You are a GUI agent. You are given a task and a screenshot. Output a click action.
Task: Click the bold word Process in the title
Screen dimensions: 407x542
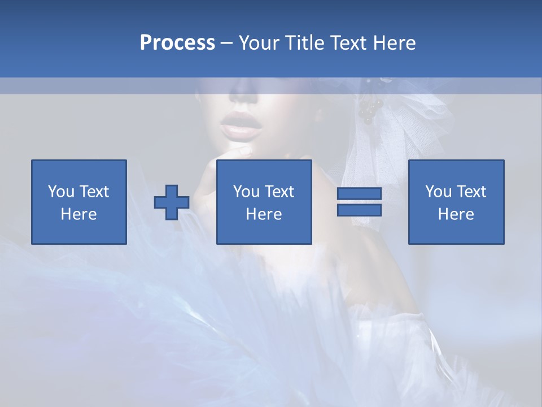pyautogui.click(x=177, y=43)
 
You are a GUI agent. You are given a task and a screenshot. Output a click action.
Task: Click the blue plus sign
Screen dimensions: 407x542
pyautogui.click(x=172, y=202)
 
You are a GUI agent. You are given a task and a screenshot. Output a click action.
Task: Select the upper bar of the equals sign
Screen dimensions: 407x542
pyautogui.click(x=359, y=194)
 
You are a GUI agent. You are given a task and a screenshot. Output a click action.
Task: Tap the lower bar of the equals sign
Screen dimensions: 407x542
pyautogui.click(x=359, y=210)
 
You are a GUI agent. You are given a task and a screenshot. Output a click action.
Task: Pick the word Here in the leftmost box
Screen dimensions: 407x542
pyautogui.click(x=78, y=214)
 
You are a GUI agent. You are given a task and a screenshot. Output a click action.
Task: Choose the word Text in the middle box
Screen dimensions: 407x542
pyautogui.click(x=281, y=192)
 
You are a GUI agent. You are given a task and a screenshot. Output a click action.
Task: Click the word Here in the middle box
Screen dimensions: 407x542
pyautogui.click(x=264, y=214)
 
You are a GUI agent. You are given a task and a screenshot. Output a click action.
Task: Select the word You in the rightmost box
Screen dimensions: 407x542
pyautogui.click(x=438, y=192)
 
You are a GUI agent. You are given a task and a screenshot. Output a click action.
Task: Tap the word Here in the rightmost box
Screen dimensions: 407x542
pyautogui.click(x=456, y=214)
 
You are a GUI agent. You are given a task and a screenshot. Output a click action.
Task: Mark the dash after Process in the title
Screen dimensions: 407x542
pyautogui.click(x=226, y=43)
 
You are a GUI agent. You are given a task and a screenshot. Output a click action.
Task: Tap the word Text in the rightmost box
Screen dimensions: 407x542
pyautogui.click(x=473, y=192)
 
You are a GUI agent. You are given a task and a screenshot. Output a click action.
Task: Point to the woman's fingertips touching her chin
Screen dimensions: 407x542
pyautogui.click(x=243, y=151)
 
